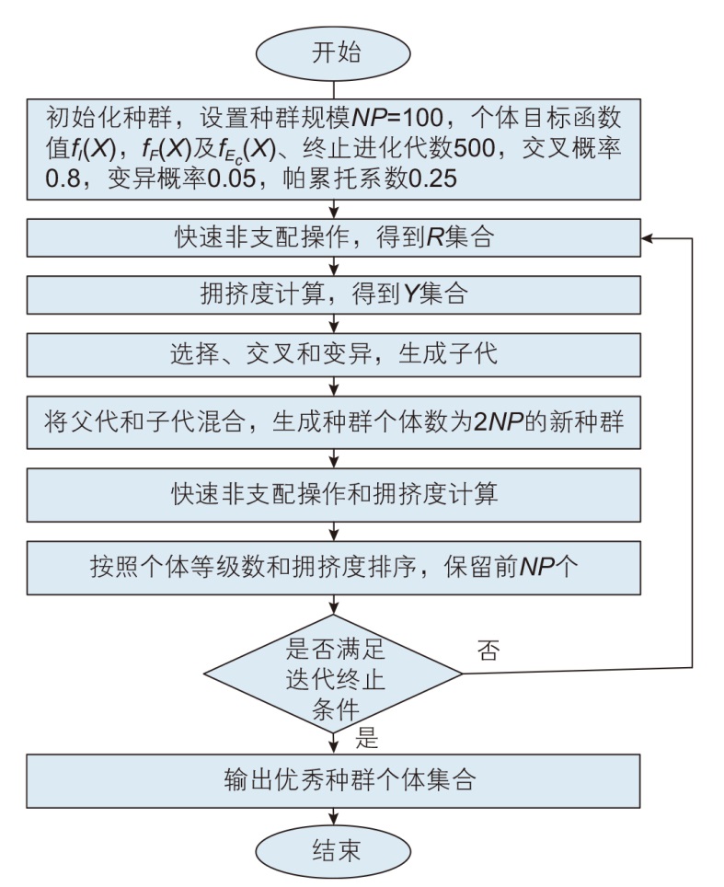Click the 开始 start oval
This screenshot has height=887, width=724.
pos(334,52)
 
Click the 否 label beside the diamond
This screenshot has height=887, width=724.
pos(488,652)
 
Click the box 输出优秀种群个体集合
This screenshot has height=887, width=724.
pos(334,781)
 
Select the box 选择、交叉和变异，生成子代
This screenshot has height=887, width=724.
pos(334,355)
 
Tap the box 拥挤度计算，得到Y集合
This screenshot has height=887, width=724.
pos(334,294)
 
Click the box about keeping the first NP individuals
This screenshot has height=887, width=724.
pos(334,566)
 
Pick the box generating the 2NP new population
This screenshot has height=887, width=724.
pos(334,422)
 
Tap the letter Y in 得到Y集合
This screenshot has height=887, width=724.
pos(411,294)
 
